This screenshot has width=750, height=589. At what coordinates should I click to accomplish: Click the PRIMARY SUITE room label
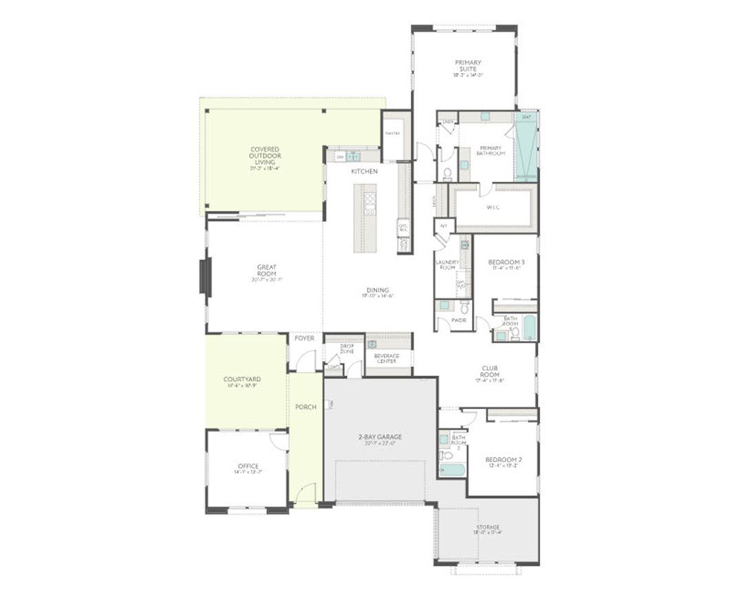(468, 66)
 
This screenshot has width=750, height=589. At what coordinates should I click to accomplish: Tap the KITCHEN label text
(364, 171)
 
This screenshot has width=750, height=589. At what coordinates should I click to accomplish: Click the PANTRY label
(392, 133)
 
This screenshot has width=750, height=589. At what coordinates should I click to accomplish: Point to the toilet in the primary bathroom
(446, 172)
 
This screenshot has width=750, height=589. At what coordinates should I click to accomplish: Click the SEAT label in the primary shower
(526, 118)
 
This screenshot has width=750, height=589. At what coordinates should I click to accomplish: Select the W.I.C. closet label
(493, 207)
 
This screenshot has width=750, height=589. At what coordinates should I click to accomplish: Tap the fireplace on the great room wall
(205, 277)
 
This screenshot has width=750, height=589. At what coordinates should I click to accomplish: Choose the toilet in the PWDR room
(464, 305)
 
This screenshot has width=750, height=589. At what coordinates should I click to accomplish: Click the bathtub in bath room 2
(452, 471)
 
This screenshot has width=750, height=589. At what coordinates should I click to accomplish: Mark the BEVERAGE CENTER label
(387, 358)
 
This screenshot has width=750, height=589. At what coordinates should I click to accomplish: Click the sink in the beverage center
(372, 344)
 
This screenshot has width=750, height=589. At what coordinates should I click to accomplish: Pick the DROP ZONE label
(347, 349)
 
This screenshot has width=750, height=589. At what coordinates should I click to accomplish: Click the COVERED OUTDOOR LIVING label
(264, 156)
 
